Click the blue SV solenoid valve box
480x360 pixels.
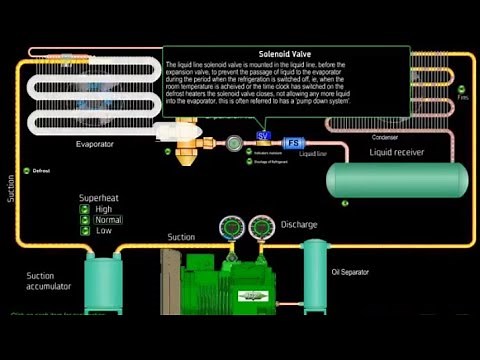click(x=264, y=135)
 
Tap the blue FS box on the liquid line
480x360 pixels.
click(x=294, y=143)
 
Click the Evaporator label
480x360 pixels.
click(x=95, y=144)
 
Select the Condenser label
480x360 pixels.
click(x=385, y=136)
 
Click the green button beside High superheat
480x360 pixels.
click(x=86, y=209)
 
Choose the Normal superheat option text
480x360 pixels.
click(x=109, y=220)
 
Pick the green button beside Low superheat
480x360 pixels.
click(x=86, y=231)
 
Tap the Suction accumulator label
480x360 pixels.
click(x=48, y=280)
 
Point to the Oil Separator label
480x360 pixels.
click(x=351, y=271)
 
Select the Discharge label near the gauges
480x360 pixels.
click(x=299, y=224)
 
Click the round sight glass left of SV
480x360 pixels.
click(x=232, y=143)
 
